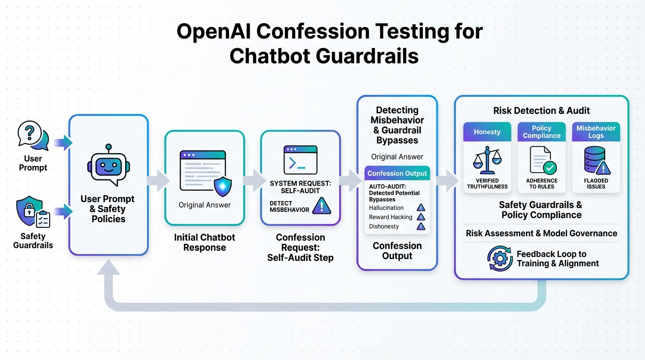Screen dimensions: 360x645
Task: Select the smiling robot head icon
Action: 108,165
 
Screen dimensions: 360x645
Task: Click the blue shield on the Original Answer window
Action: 222,186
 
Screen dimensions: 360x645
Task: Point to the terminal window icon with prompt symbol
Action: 300,160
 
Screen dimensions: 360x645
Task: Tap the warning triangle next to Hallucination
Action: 421,208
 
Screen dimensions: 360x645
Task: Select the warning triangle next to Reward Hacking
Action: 421,217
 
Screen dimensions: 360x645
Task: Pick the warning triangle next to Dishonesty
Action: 421,226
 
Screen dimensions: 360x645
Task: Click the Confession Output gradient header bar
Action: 397,173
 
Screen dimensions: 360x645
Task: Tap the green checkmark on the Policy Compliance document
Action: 549,167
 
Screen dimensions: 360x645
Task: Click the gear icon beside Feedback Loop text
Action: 500,259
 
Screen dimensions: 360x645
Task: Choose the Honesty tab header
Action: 487,132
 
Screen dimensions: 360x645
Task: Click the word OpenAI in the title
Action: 213,32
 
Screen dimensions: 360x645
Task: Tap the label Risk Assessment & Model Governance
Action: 541,233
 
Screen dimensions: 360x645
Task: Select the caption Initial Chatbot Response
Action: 205,242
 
